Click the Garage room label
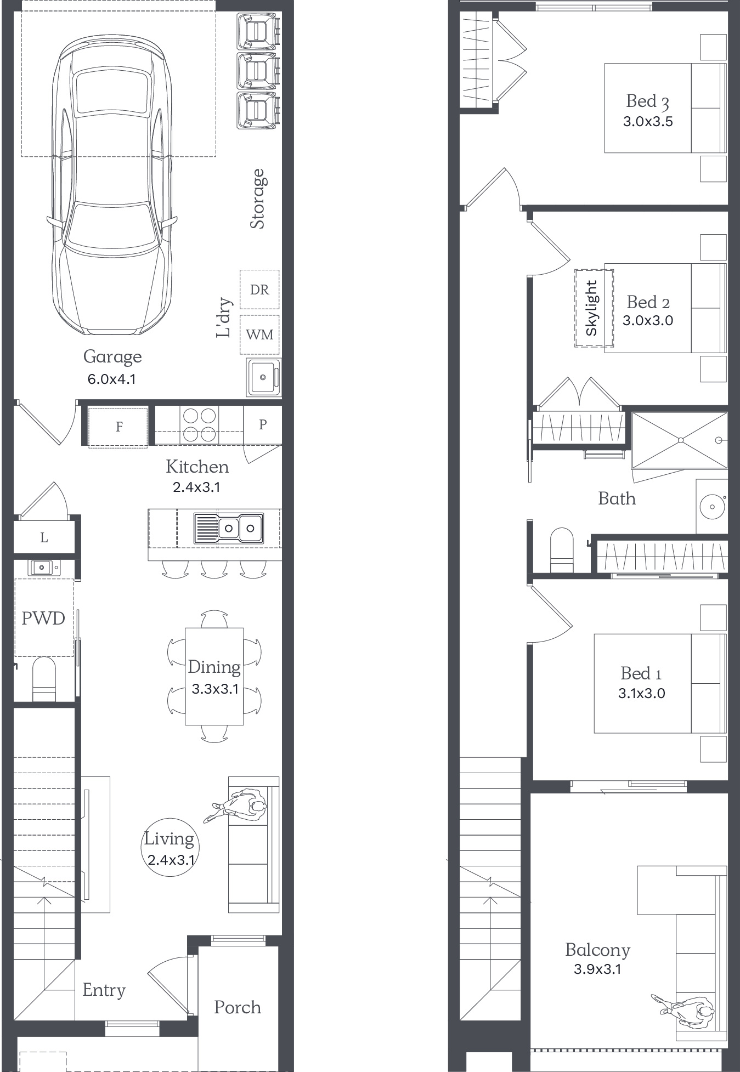112,357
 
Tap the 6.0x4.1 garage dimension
112,379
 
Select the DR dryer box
259,290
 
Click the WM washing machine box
259,334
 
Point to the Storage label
258,198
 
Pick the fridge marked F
118,427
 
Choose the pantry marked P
263,425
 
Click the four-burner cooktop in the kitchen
199,424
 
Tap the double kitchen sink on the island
229,528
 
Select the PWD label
43,619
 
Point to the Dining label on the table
214,667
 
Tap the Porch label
238,1007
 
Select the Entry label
104,990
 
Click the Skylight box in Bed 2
594,308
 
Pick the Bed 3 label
648,101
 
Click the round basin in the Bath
712,507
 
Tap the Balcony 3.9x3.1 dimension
597,969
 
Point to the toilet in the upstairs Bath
561,550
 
